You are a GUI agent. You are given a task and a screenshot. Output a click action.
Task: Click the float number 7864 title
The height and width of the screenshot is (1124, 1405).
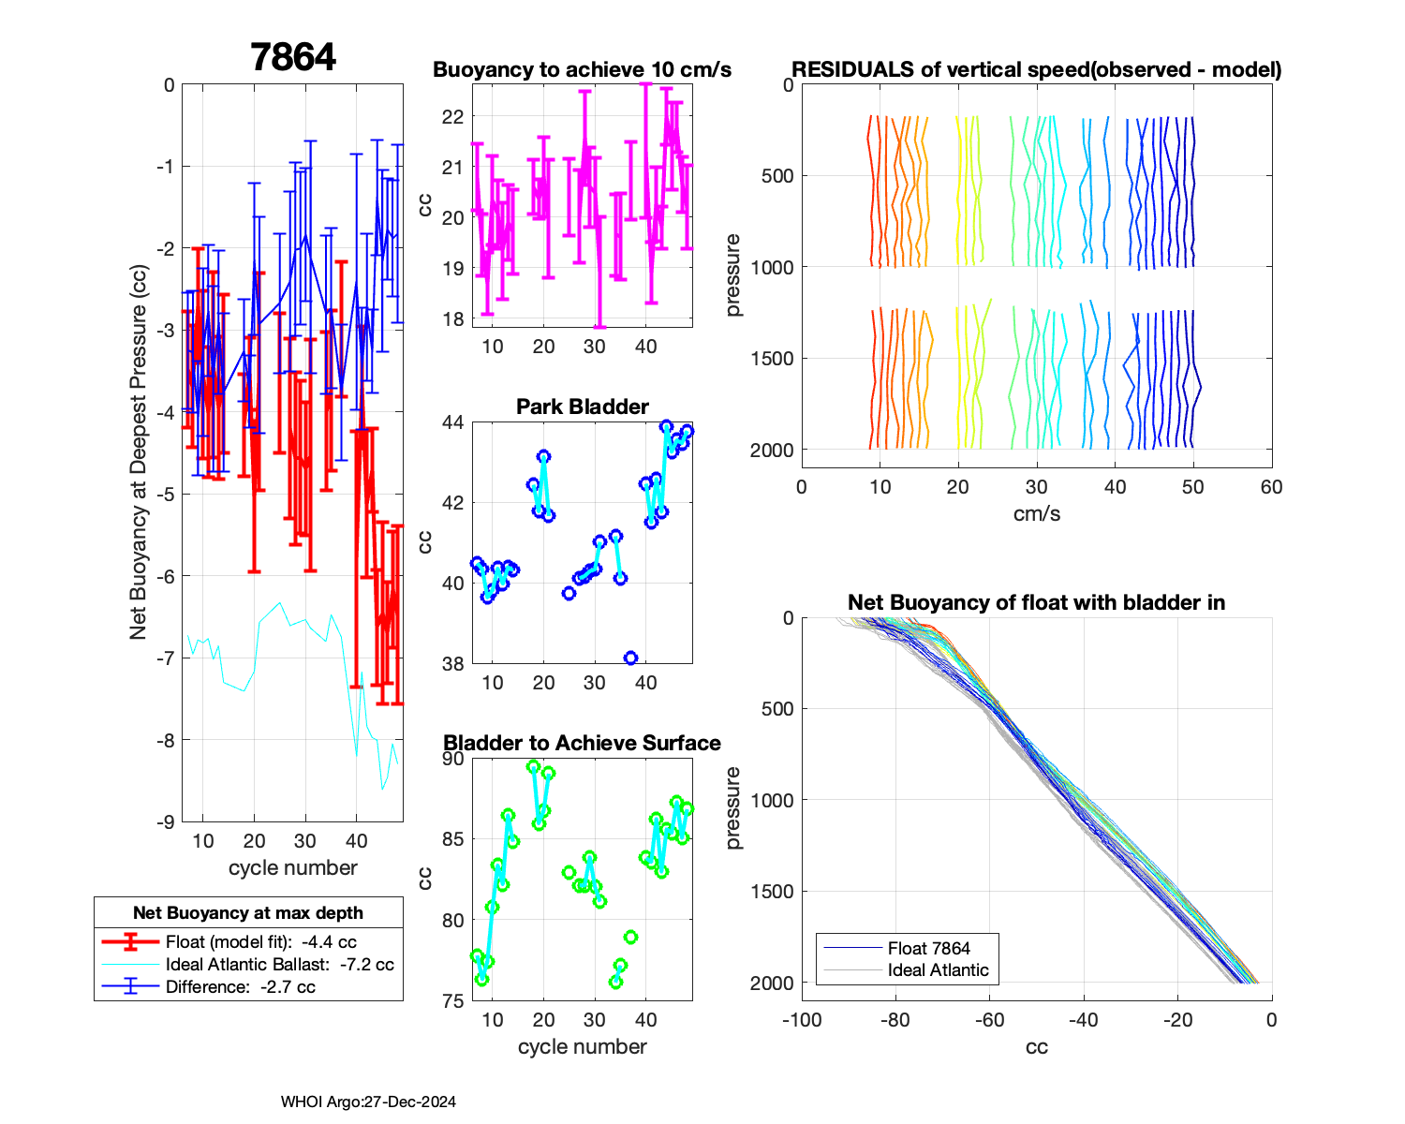293,57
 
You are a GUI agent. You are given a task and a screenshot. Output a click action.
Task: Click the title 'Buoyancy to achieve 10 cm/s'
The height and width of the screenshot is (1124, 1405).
582,70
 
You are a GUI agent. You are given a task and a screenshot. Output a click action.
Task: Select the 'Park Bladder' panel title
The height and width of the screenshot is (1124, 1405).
582,407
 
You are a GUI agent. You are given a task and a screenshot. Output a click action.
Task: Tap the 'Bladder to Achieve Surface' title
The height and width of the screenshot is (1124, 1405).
582,743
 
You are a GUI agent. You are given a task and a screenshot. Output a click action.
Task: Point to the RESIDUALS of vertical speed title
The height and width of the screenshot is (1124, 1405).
1036,70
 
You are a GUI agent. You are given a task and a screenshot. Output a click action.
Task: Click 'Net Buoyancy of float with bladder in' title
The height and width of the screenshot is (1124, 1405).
1036,602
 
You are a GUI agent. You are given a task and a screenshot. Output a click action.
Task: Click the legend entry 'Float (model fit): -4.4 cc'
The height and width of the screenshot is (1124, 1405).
260,941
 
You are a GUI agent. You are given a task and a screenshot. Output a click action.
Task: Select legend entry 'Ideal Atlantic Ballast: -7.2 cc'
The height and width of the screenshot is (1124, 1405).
279,964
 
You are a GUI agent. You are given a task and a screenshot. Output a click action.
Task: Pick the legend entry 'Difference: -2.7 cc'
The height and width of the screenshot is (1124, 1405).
240,986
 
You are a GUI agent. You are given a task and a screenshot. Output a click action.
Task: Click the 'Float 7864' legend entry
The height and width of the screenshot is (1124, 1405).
928,948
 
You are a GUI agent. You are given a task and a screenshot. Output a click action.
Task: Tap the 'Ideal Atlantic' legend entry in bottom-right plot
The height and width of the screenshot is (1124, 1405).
938,970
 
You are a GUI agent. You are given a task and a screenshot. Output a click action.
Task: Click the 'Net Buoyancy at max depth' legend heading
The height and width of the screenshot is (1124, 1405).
248,912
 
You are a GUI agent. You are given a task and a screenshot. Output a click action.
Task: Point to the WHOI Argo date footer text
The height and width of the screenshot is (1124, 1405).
368,1102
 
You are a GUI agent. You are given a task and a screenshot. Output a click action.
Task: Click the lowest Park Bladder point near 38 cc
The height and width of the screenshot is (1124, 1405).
630,658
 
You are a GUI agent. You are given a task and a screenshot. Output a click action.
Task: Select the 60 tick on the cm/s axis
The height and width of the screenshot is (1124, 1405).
1271,487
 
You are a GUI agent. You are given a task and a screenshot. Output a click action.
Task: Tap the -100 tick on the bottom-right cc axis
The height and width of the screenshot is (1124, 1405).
802,1020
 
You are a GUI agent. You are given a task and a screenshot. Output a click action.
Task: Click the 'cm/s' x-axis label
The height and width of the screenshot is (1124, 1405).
1036,513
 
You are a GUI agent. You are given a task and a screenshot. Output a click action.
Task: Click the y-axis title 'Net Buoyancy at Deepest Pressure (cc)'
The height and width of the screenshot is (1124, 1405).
139,453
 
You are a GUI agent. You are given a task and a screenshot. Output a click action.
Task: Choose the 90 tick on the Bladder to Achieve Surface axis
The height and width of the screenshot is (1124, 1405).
452,759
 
